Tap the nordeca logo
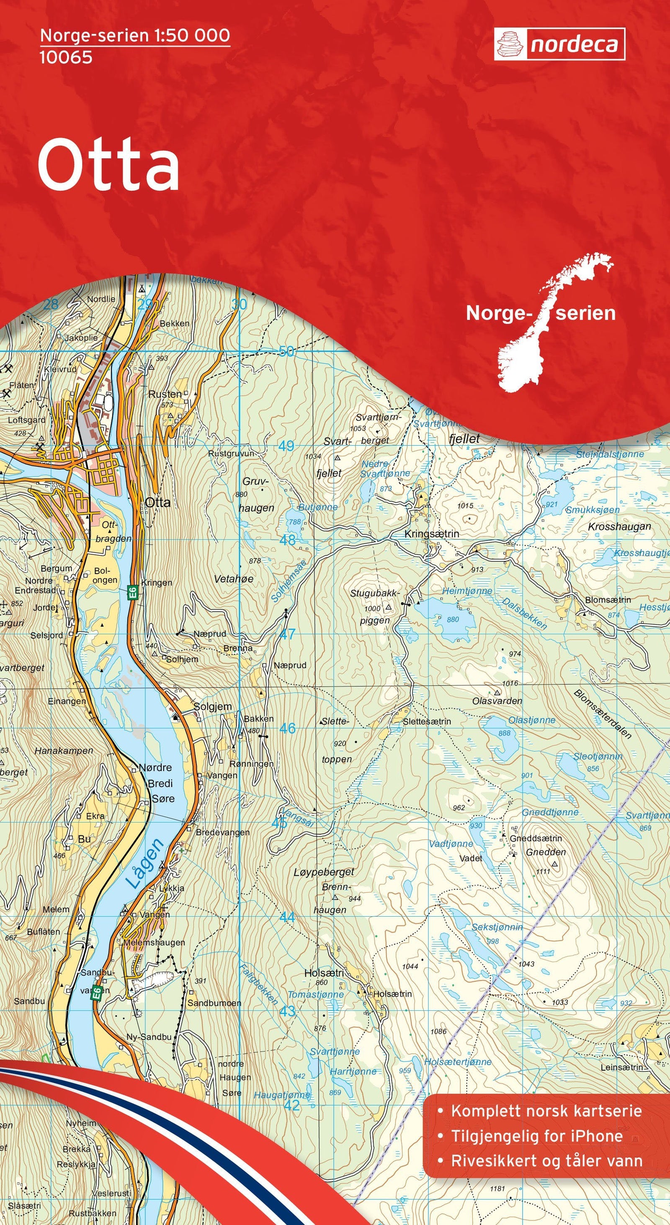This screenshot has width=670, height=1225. point(559,44)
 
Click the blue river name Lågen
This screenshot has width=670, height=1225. point(145,863)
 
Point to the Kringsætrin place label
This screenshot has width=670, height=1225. point(432,534)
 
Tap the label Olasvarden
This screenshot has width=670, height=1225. point(497,701)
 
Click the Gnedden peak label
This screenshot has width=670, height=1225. point(545,852)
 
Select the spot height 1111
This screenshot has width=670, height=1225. point(543,871)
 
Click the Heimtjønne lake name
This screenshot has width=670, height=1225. point(467,591)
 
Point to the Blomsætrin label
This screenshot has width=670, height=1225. point(608,600)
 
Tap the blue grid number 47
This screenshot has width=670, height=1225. point(287,634)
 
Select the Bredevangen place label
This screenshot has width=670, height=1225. point(222,833)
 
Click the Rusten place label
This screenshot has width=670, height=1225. point(165,394)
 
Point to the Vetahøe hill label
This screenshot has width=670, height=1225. point(234,579)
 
